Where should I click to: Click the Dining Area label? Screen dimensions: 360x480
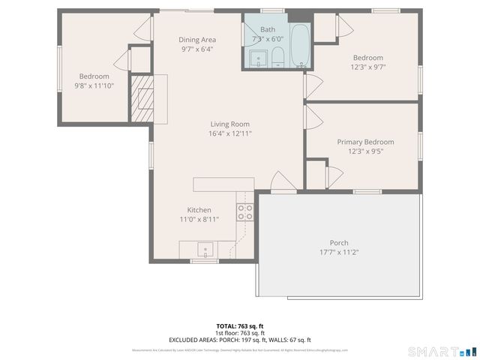point(197,40)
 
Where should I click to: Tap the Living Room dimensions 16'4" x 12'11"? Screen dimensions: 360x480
point(229,133)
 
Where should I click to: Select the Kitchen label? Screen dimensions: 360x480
point(199,210)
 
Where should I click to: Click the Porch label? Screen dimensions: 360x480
point(339,242)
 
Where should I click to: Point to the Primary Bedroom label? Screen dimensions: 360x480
point(365,142)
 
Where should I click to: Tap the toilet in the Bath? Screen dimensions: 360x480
point(277,57)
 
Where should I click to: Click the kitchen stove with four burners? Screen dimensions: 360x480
point(245,211)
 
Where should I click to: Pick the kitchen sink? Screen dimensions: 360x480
point(204,248)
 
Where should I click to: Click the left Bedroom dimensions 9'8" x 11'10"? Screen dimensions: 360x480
point(94,85)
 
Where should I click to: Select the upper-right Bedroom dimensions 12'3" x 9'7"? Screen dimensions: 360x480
point(368,67)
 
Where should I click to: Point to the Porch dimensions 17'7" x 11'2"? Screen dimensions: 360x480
point(339,252)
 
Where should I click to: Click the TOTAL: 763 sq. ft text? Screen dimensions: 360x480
point(240,325)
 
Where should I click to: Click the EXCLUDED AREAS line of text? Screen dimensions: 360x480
point(240,340)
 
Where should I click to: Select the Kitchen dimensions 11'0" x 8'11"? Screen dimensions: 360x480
point(199,220)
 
